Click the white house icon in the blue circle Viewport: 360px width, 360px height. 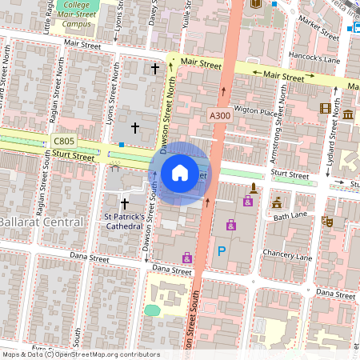point(180,173)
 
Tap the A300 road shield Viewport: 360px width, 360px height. point(219,115)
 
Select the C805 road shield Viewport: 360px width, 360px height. point(63,142)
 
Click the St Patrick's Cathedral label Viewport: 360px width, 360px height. point(124,221)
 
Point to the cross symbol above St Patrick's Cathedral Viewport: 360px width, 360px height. point(124,205)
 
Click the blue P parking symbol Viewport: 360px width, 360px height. point(222,251)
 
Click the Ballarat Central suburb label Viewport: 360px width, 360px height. point(40,221)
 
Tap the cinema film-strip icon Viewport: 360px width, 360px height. point(325,108)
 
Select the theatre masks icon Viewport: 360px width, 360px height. point(326,220)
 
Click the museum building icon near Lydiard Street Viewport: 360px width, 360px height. point(348,115)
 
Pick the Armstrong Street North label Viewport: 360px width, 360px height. point(281,105)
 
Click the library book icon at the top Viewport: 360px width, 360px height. point(255,4)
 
